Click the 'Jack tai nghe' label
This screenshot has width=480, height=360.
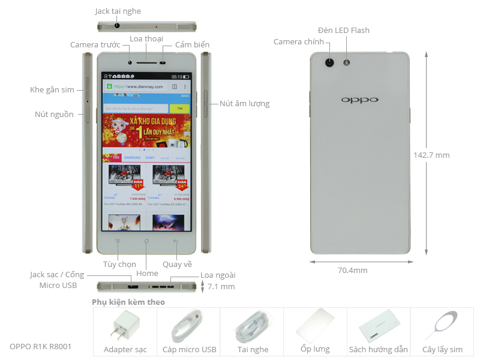tap(118, 11)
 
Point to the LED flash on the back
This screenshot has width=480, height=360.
tap(346, 62)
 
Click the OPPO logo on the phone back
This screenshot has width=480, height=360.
tap(360, 100)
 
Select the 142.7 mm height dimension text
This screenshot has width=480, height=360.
tap(431, 155)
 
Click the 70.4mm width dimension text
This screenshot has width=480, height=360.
tap(352, 270)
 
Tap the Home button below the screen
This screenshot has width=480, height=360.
tap(146, 241)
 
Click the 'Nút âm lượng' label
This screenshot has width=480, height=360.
tap(244, 103)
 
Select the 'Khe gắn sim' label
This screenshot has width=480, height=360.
tap(52, 90)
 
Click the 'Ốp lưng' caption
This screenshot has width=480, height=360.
tap(315, 349)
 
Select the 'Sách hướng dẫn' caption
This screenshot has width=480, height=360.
tap(379, 349)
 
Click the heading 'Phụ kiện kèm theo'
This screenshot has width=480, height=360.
tap(128, 302)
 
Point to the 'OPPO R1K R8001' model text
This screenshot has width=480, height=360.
tap(41, 346)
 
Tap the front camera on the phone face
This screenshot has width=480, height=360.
tap(130, 61)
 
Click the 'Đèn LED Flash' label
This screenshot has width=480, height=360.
tap(344, 30)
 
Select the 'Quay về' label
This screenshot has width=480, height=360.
tap(177, 264)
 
